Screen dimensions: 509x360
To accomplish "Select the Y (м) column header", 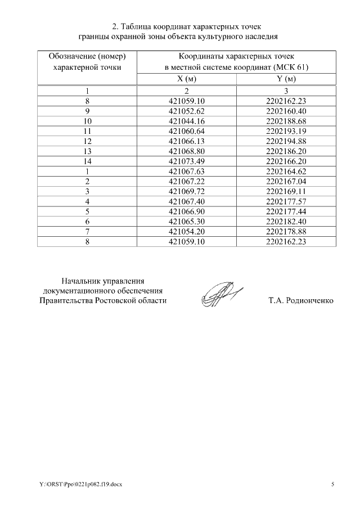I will (286, 79).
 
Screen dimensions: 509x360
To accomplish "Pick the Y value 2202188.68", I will (286, 121).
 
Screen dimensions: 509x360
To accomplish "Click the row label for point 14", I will (87, 161).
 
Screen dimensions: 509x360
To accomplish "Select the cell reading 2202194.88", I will (286, 141).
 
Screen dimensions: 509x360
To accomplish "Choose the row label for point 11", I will (87, 131).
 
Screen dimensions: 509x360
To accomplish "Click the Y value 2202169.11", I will (286, 192).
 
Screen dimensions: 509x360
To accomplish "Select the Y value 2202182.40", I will (286, 222).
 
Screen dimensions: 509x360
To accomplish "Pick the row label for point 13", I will (87, 151).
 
